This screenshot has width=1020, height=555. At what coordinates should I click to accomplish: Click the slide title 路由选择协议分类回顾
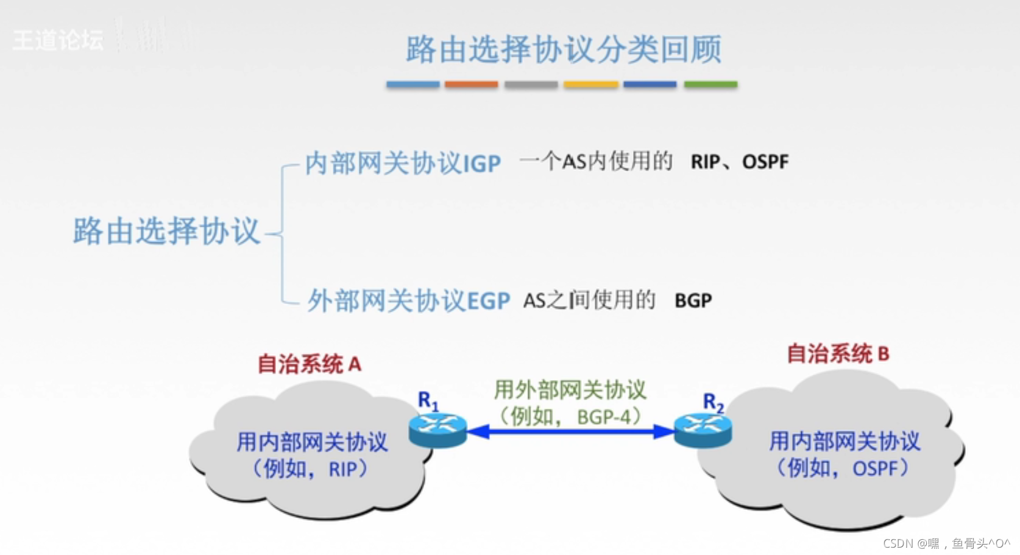point(564,49)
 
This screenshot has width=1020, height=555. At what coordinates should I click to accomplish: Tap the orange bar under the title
point(471,84)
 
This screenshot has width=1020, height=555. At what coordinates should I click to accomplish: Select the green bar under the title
point(710,84)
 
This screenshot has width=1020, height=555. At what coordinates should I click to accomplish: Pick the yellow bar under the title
point(590,84)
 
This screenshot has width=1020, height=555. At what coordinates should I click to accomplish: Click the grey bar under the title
point(531,84)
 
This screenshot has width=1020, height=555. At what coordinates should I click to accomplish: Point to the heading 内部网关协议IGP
point(403,163)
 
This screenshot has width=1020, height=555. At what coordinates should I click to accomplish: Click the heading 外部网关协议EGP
point(408,300)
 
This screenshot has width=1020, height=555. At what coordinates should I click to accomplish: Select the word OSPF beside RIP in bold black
point(765,161)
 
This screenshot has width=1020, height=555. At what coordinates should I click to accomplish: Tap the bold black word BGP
point(693,300)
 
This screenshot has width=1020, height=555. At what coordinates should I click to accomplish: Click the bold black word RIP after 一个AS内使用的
point(706,161)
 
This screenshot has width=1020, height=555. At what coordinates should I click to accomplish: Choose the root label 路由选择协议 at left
point(166,232)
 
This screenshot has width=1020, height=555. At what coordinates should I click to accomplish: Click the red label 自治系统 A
point(310,364)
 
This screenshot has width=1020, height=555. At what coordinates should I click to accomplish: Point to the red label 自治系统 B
point(838,353)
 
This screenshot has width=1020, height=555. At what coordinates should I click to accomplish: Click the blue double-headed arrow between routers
point(570,432)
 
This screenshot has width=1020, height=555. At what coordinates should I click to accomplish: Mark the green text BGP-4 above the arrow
point(604,417)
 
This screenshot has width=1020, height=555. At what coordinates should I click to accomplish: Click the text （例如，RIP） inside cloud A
point(311,468)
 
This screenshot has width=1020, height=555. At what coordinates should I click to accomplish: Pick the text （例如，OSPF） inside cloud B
point(843,468)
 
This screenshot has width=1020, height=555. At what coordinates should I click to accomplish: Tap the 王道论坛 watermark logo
point(58,40)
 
